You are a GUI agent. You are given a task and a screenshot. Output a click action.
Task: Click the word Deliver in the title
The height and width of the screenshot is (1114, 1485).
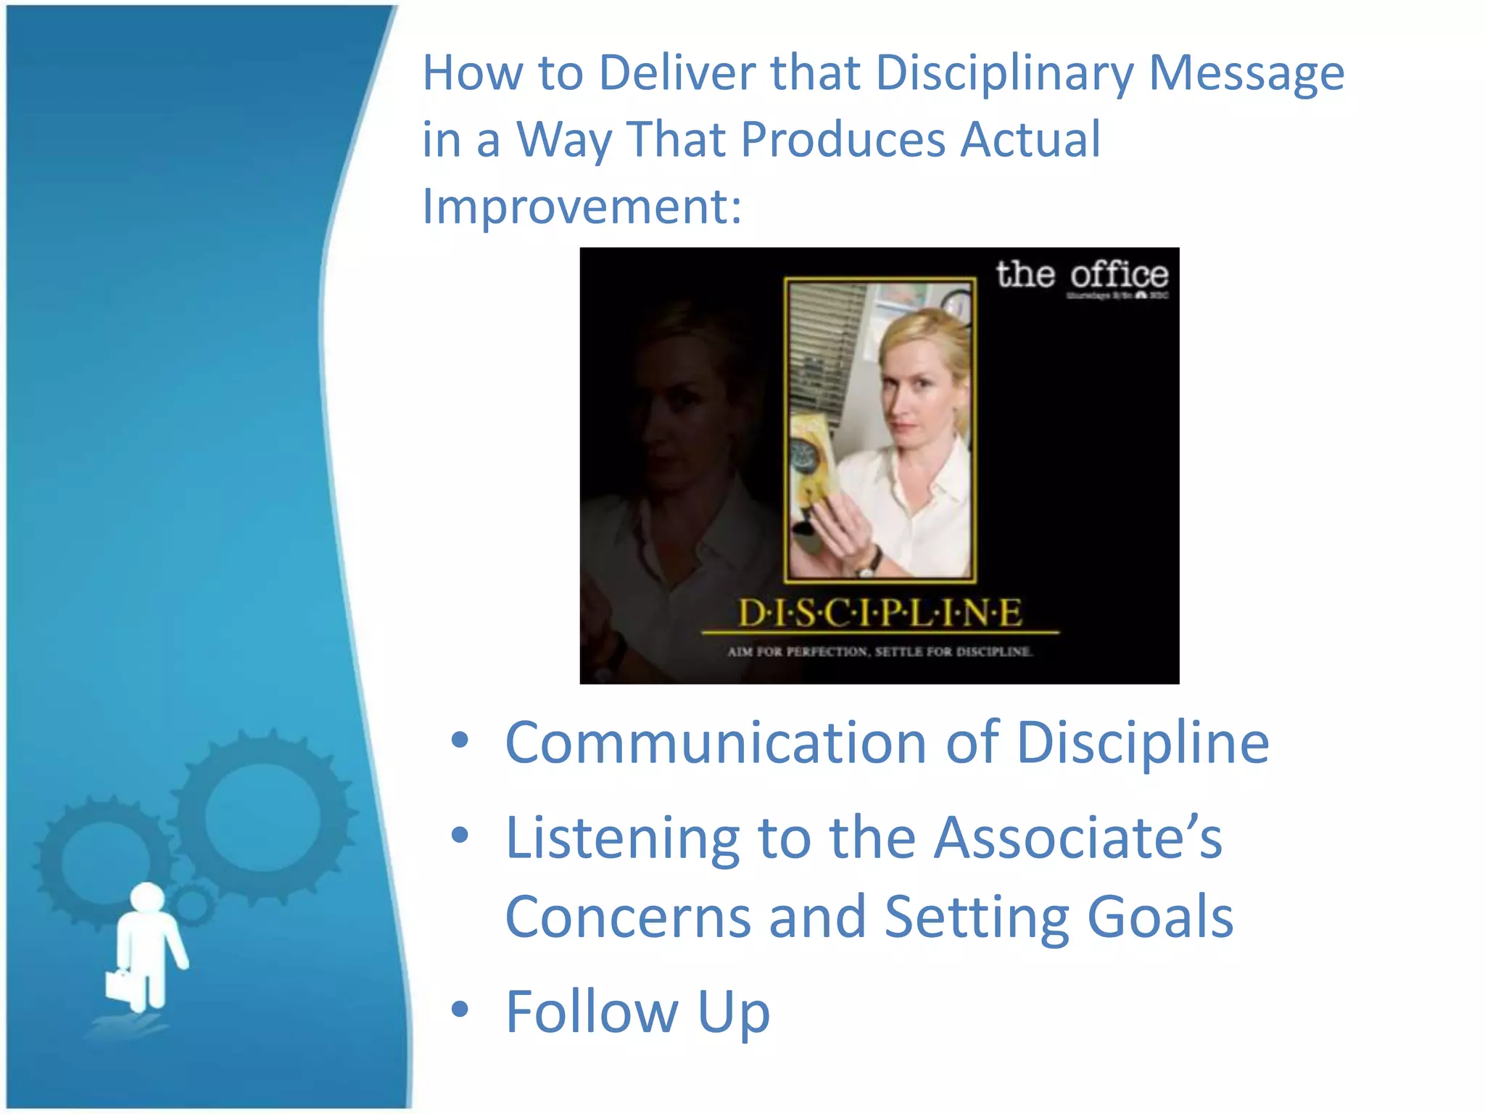coord(677,73)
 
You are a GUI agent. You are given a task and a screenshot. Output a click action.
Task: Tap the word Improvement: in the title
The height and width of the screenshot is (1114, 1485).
coord(582,207)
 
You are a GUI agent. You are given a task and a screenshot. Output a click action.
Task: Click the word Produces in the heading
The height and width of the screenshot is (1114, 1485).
coord(843,139)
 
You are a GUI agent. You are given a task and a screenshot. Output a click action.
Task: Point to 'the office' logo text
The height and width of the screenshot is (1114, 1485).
coord(1081,275)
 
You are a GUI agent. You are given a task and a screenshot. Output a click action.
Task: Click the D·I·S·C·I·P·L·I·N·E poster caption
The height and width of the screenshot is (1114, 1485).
coord(880,614)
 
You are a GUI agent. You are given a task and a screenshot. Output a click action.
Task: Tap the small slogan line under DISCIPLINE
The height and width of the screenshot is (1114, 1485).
coord(880,651)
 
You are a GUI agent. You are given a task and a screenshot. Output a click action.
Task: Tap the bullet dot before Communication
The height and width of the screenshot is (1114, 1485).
coord(460,740)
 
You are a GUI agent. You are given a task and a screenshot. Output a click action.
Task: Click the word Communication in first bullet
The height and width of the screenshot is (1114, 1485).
coord(715,743)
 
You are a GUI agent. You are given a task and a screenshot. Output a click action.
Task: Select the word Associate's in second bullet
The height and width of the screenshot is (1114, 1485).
coord(1077,838)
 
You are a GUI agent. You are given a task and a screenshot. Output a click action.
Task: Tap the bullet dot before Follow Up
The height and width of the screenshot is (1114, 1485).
coord(460,1009)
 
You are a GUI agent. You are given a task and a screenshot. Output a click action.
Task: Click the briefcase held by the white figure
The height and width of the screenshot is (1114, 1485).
coord(120,984)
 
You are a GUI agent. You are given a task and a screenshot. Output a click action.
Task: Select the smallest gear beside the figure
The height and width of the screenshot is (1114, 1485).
coord(193,904)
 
